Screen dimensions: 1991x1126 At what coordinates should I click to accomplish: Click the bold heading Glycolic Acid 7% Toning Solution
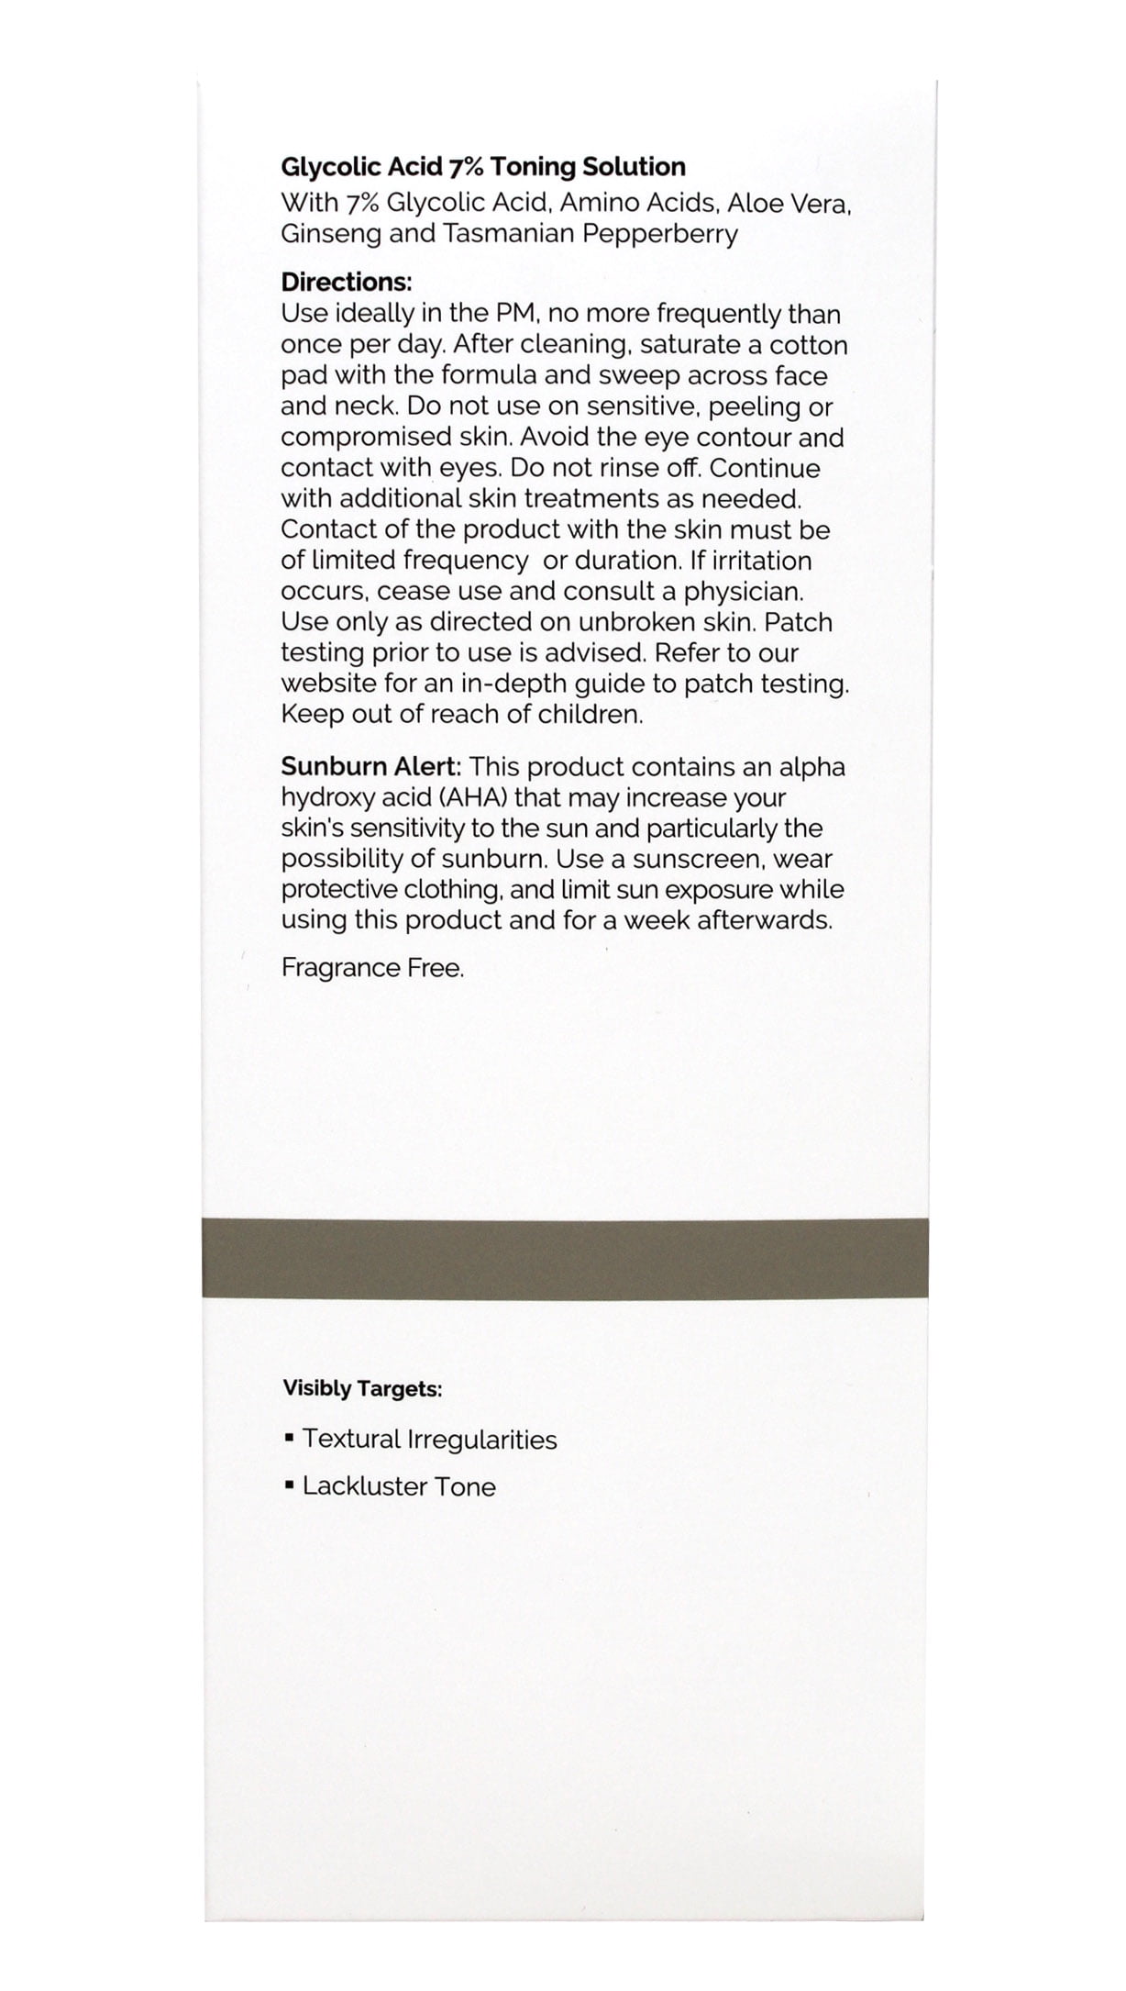tap(482, 167)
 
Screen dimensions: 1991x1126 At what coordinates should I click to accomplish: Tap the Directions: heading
tap(346, 282)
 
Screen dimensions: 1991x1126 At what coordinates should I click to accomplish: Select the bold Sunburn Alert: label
tap(371, 767)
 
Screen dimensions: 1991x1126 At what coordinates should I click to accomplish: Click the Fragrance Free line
tap(372, 968)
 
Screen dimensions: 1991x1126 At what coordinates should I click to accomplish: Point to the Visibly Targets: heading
tap(362, 1389)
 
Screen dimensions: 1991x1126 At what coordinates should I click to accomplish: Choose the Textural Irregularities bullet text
tap(429, 1439)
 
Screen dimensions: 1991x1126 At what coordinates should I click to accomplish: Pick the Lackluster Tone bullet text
tap(399, 1486)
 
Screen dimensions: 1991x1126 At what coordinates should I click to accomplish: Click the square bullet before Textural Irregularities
tap(289, 1438)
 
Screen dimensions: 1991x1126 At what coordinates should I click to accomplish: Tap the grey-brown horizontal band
tap(564, 1258)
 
